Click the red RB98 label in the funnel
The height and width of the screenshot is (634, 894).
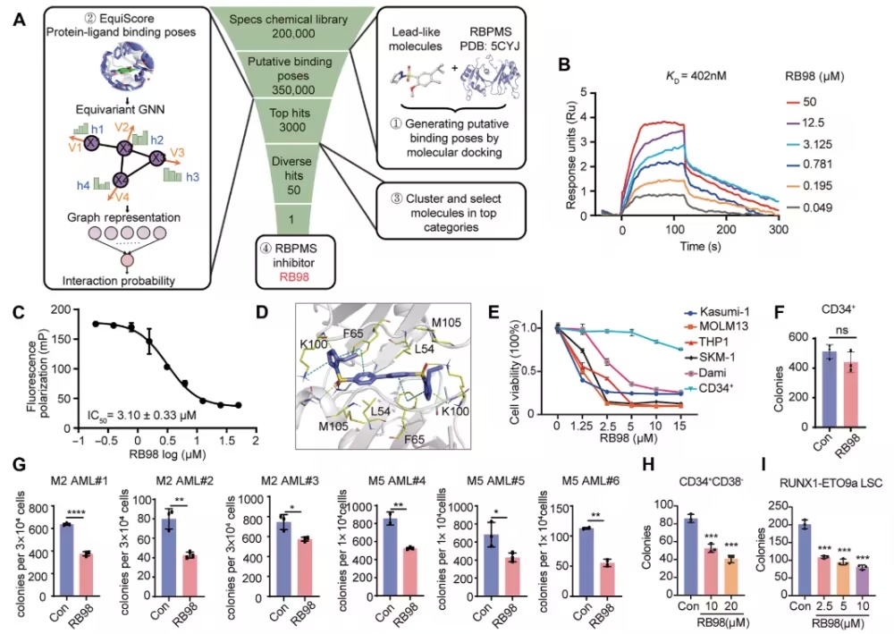click(294, 277)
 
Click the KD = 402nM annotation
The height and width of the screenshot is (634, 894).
click(696, 76)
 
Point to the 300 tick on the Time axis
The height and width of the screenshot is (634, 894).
click(779, 229)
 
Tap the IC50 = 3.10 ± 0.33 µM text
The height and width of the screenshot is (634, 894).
click(142, 415)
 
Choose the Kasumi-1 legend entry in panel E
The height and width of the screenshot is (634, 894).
click(717, 312)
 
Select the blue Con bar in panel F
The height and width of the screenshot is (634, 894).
click(830, 389)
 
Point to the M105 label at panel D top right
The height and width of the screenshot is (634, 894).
click(446, 323)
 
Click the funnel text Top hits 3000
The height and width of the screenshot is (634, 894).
click(291, 120)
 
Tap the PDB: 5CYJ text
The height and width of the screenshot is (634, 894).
click(490, 46)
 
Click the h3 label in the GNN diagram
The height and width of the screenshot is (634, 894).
click(192, 177)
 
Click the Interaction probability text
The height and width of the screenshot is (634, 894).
click(119, 281)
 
